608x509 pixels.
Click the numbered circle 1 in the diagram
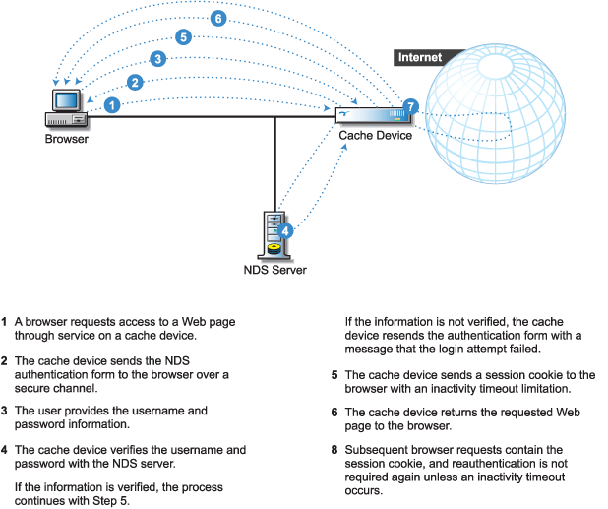coord(113,103)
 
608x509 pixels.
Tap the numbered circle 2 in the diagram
coord(135,82)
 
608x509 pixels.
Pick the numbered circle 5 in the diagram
coord(183,37)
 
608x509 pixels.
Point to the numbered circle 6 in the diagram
coord(218,18)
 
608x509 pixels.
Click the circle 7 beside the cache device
coord(411,105)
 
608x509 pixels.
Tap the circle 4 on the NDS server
coord(285,230)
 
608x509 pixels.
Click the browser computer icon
coord(66,107)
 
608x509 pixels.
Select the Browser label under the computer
coord(66,139)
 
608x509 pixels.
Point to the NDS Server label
coord(274,269)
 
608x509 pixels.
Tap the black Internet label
coord(419,58)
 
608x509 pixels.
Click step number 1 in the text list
coord(5,322)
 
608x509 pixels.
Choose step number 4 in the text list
coord(5,450)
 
